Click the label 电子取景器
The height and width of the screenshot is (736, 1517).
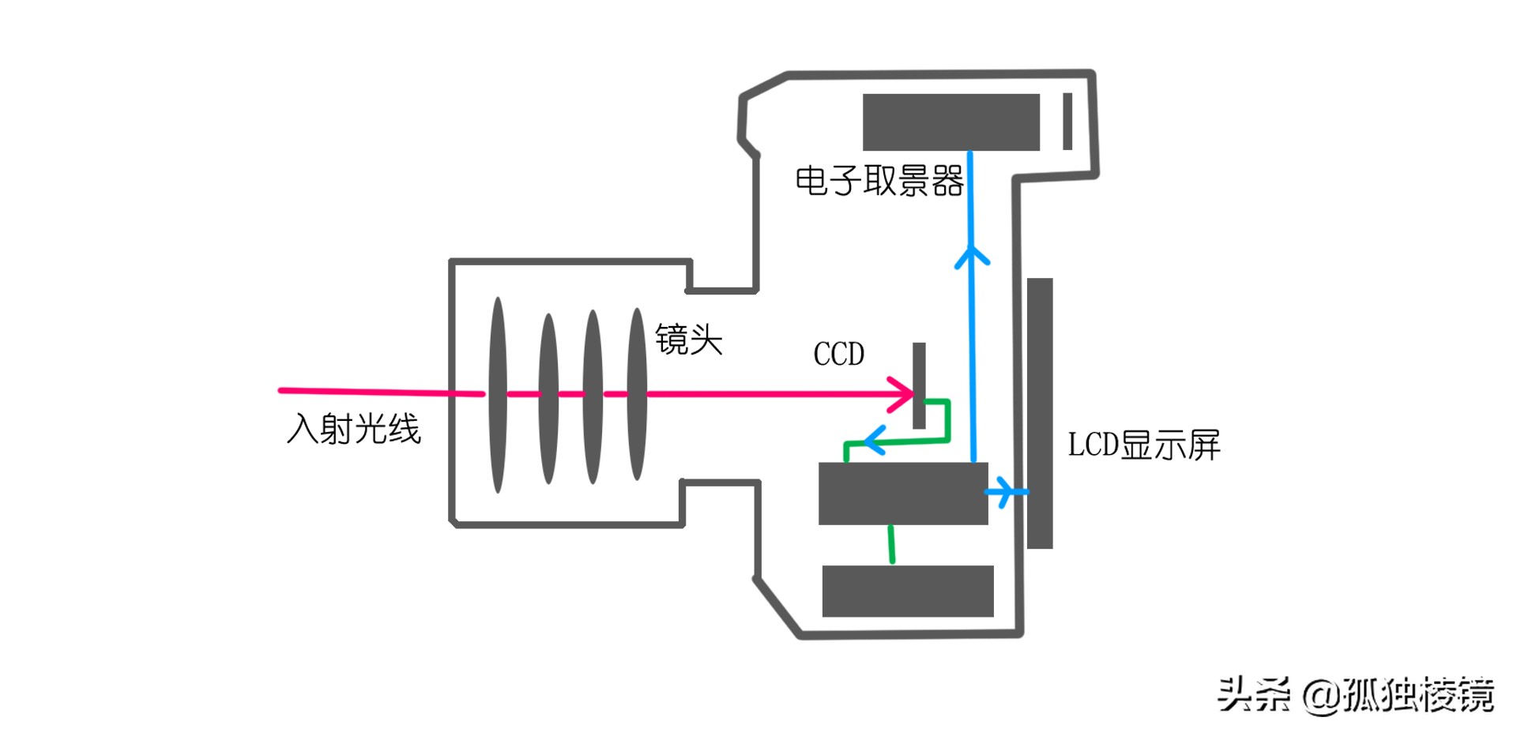coord(879,181)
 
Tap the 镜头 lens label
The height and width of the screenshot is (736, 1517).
coord(689,340)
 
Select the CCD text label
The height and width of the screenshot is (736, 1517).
coord(838,354)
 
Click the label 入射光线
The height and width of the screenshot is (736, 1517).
coord(353,429)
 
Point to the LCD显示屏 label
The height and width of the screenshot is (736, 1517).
coord(1143,445)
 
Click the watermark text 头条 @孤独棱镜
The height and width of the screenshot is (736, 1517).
coord(1354,695)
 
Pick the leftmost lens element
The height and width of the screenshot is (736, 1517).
coord(498,395)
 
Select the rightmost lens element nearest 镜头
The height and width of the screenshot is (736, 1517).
coord(637,395)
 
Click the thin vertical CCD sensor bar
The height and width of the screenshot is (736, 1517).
coord(919,385)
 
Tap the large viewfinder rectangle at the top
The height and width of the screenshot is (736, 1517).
coord(950,122)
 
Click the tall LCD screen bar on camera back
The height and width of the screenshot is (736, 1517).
coord(1040,413)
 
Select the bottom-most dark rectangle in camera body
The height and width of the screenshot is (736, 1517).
coord(908,591)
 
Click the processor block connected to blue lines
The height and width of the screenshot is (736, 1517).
coord(903,494)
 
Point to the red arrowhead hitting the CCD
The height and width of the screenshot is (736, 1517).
coord(903,393)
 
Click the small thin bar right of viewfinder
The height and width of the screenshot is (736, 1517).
coord(1067,121)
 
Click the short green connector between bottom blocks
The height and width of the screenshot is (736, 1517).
coord(891,544)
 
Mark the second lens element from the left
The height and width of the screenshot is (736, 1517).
coord(548,397)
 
